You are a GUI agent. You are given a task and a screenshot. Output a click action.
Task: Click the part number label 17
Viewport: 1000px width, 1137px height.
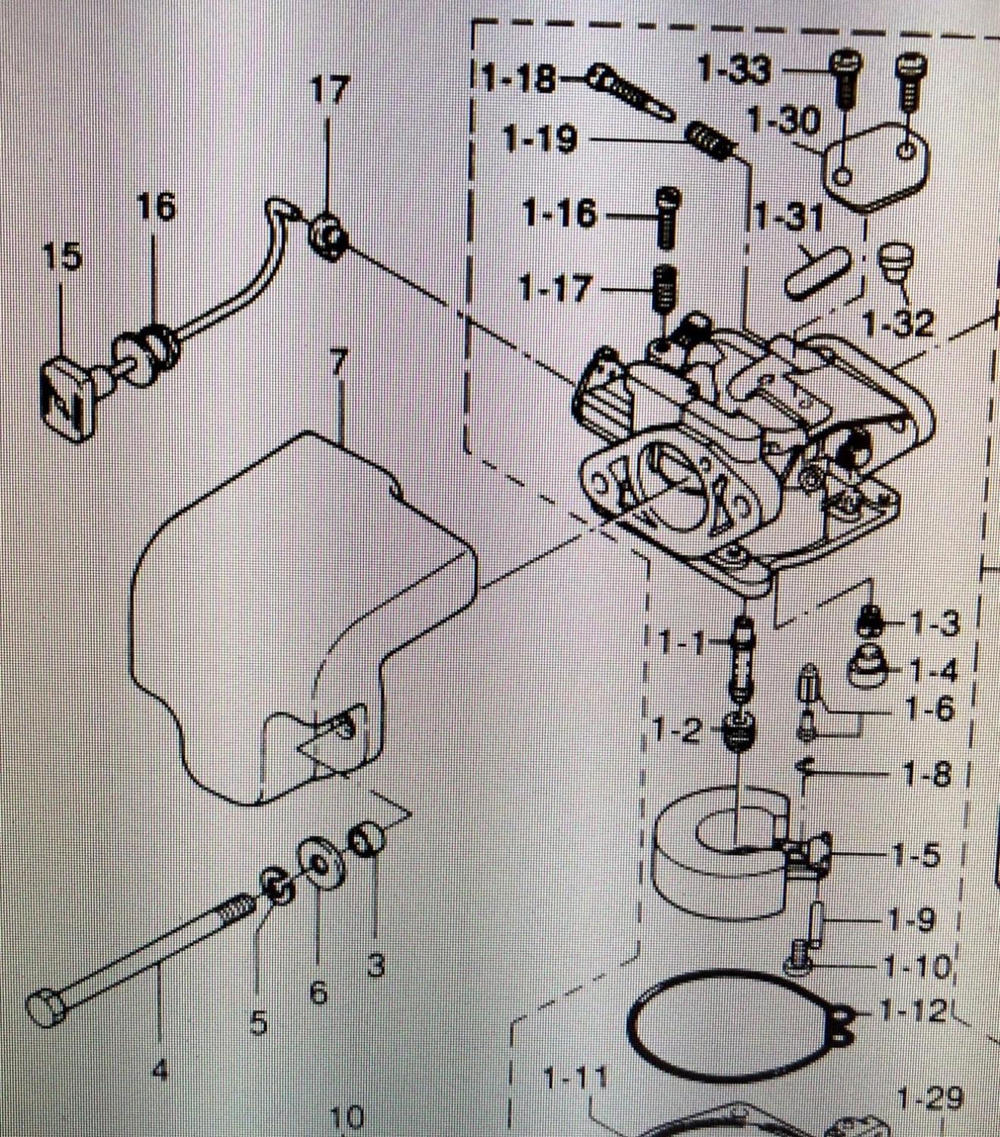click(331, 91)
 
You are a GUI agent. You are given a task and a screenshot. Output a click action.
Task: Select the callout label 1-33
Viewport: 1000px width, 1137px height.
click(732, 70)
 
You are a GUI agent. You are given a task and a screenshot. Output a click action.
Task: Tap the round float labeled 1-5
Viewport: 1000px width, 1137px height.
click(720, 860)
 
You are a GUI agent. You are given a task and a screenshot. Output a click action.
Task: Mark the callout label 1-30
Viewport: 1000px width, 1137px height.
click(783, 121)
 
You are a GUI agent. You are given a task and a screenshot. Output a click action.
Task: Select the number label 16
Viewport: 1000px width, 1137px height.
click(156, 207)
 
